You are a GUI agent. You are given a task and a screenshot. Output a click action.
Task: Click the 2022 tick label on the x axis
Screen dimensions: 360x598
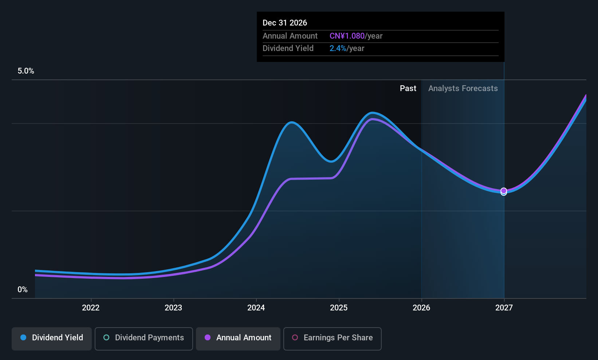(91, 308)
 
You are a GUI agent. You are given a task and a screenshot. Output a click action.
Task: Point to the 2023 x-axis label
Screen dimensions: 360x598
(173, 308)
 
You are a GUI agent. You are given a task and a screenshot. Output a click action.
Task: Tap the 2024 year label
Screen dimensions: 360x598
(256, 308)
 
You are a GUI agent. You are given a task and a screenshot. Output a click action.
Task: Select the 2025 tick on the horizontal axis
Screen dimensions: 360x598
(339, 308)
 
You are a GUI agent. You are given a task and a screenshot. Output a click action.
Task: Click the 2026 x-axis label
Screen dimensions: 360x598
(421, 308)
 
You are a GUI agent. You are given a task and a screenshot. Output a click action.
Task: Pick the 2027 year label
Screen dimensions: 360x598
(504, 308)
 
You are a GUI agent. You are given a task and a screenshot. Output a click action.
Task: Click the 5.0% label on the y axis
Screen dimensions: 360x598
(26, 71)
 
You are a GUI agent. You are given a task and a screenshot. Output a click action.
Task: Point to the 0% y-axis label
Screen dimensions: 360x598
(23, 290)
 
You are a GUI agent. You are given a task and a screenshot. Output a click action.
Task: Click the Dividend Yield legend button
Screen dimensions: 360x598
(52, 338)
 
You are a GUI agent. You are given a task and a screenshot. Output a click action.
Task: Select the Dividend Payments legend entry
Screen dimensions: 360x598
(144, 338)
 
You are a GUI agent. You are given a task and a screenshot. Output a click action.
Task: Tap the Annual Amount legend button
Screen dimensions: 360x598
(238, 338)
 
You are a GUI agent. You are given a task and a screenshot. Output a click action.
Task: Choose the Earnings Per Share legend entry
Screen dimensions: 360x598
(332, 338)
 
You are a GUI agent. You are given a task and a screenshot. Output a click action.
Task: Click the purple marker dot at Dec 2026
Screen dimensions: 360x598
(504, 191)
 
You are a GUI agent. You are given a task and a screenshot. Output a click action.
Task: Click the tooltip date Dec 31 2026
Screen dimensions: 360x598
(285, 23)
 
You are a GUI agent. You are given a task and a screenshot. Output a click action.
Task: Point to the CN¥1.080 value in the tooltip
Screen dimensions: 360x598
(347, 36)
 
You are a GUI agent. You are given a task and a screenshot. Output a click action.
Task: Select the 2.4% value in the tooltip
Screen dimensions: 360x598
(338, 48)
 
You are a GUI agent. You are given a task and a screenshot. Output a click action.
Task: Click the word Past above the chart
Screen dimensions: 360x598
(408, 89)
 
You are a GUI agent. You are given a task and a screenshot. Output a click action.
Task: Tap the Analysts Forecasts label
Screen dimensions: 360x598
(463, 89)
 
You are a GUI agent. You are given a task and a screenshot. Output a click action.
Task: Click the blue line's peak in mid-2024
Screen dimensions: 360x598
(291, 122)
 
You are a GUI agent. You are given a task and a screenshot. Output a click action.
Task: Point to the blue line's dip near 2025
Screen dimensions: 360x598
(331, 161)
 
